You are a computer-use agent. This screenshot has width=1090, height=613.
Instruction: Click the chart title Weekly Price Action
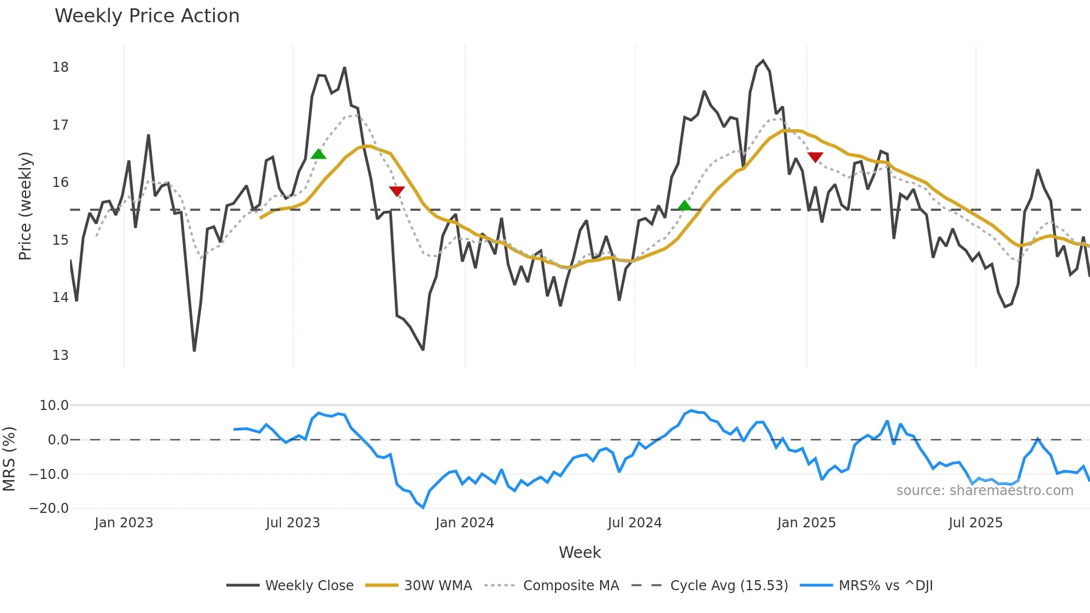pyautogui.click(x=147, y=16)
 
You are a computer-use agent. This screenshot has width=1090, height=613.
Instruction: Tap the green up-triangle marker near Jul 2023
pyautogui.click(x=318, y=154)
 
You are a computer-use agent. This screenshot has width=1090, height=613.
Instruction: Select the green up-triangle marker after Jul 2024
pyautogui.click(x=685, y=205)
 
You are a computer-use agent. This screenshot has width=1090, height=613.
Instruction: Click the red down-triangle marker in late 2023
pyautogui.click(x=397, y=191)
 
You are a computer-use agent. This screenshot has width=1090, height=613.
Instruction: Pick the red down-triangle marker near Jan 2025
pyautogui.click(x=815, y=157)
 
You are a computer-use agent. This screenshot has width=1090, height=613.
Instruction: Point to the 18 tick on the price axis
pyautogui.click(x=60, y=67)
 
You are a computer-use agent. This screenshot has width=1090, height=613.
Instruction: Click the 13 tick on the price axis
pyautogui.click(x=60, y=355)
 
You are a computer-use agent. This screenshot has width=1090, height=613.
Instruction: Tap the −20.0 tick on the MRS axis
pyautogui.click(x=49, y=508)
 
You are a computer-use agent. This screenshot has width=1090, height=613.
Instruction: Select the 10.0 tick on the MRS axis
pyautogui.click(x=53, y=406)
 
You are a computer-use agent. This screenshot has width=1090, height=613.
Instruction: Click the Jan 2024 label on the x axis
pyautogui.click(x=464, y=523)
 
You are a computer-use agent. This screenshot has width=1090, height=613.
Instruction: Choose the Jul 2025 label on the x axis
pyautogui.click(x=975, y=523)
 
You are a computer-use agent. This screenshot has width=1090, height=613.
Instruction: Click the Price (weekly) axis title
pyautogui.click(x=25, y=206)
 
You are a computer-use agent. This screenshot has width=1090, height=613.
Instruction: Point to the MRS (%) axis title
pyautogui.click(x=9, y=459)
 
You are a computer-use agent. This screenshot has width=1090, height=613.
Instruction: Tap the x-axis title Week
pyautogui.click(x=579, y=552)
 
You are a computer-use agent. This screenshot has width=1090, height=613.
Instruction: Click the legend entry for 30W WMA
pyautogui.click(x=438, y=586)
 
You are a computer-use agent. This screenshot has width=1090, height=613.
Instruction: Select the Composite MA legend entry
pyautogui.click(x=571, y=586)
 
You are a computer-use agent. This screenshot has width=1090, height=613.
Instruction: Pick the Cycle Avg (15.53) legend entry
pyautogui.click(x=729, y=586)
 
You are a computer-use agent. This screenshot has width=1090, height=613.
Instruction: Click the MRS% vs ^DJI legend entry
pyautogui.click(x=885, y=586)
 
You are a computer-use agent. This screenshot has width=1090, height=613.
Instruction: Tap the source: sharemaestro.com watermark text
pyautogui.click(x=984, y=491)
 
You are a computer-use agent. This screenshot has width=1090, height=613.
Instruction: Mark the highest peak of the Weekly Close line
pyautogui.click(x=762, y=61)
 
